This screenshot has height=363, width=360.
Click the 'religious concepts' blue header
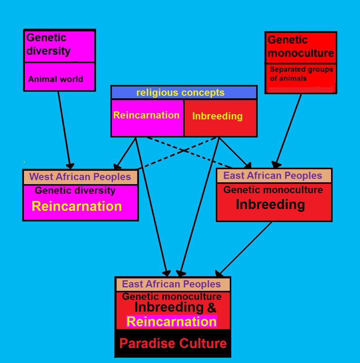click(x=180, y=93)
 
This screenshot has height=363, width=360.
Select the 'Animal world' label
click(x=56, y=79)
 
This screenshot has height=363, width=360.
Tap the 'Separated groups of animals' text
click(x=301, y=74)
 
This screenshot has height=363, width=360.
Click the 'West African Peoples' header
click(x=80, y=177)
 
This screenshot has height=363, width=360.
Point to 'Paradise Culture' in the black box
click(x=173, y=343)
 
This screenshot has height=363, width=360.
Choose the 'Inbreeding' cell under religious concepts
click(x=217, y=116)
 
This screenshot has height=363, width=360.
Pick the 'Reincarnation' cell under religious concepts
click(x=146, y=115)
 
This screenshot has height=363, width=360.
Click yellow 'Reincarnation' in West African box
click(x=76, y=206)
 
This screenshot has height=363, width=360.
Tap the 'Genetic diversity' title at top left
click(x=48, y=44)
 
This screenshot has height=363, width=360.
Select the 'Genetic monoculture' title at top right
click(x=301, y=46)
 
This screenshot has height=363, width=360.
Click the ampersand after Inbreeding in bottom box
click(x=211, y=308)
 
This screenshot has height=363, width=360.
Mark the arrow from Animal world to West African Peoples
click(x=64, y=128)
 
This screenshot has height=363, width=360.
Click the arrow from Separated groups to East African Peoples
click(x=288, y=128)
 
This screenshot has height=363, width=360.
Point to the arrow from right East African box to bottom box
click(x=246, y=247)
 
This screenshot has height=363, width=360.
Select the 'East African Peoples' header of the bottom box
click(x=171, y=284)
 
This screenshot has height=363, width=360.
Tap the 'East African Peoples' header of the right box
click(x=273, y=175)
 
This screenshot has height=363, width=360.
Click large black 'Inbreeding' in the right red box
click(x=270, y=204)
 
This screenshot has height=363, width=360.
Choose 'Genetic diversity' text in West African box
click(x=75, y=190)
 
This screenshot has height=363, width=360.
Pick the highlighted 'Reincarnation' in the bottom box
click(x=172, y=322)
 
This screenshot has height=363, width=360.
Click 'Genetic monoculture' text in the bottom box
click(x=172, y=296)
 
